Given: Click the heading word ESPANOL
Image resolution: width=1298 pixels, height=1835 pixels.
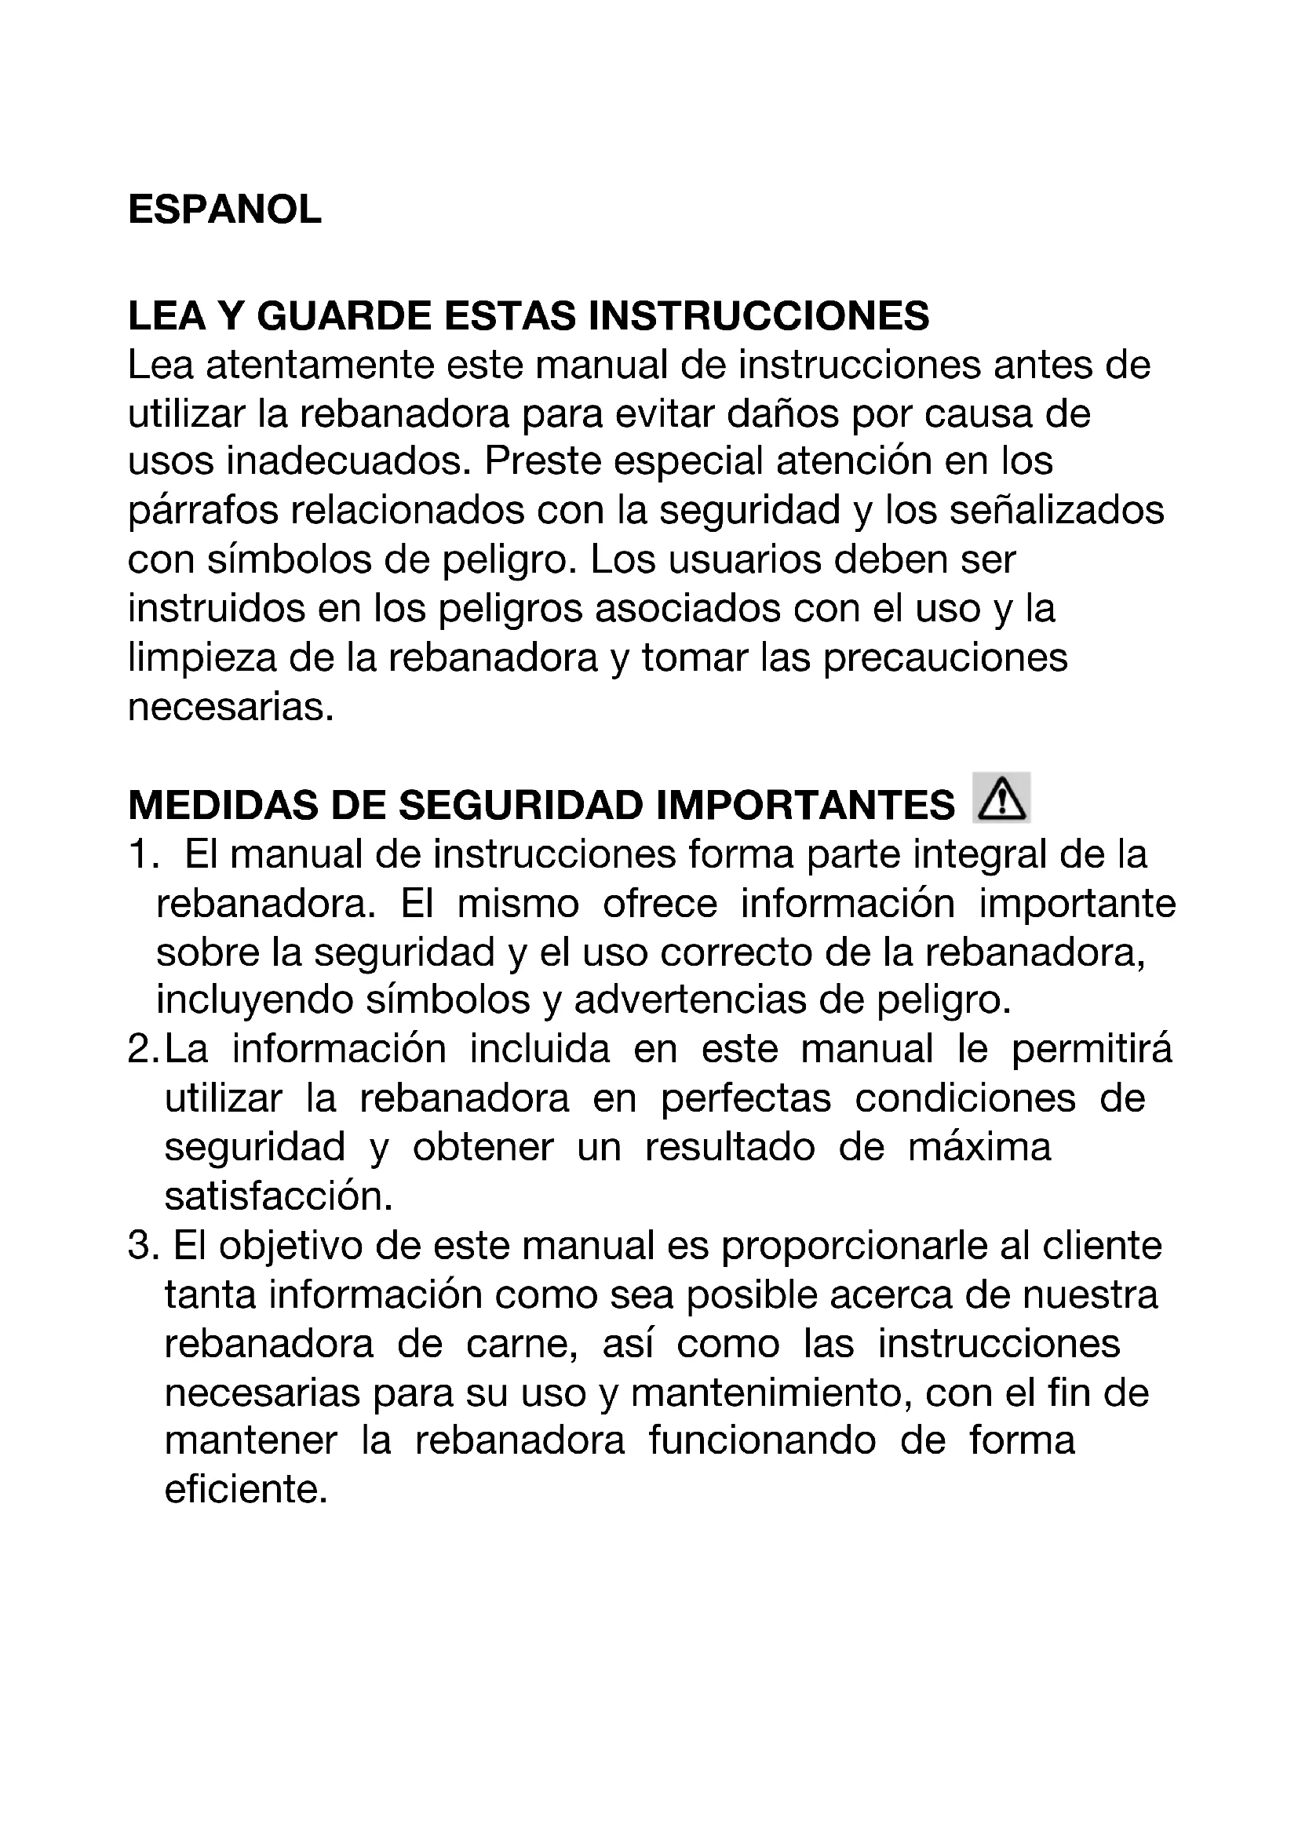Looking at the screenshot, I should click(x=224, y=210).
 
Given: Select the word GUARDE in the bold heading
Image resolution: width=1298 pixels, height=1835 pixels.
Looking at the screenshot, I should click(x=344, y=315).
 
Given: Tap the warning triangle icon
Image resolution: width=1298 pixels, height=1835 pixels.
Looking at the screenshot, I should click(x=1001, y=799).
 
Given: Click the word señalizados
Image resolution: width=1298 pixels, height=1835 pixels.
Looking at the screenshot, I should click(x=1056, y=511).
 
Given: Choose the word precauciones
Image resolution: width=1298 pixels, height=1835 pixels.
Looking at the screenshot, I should click(x=945, y=657).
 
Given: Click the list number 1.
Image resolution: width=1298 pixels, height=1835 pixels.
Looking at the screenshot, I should click(x=140, y=855).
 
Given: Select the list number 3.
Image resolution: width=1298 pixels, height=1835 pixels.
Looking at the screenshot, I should click(x=140, y=1246).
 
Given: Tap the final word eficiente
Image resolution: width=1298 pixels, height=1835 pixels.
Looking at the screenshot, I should click(x=246, y=1491).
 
